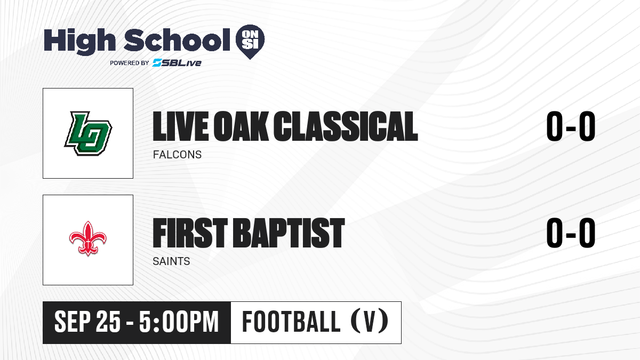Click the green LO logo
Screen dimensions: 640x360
point(88,133)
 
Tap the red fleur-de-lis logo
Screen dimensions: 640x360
point(87,238)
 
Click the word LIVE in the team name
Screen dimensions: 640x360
point(181,126)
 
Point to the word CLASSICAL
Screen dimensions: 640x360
point(346,126)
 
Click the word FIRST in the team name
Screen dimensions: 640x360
point(190,233)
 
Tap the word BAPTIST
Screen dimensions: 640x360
point(289,233)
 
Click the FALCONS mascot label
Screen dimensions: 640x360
point(177,155)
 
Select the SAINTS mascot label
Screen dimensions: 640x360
point(171,261)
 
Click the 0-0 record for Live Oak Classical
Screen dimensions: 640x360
point(571,126)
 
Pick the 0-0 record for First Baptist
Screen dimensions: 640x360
point(571,233)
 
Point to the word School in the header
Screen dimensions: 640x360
point(177,39)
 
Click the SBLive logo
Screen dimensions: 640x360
point(177,62)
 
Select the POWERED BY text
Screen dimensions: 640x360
point(130,63)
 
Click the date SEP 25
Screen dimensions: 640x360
point(87,322)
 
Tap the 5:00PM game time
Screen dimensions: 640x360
point(179,322)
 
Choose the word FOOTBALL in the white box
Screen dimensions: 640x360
point(291,322)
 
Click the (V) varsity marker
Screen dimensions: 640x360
point(369,322)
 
